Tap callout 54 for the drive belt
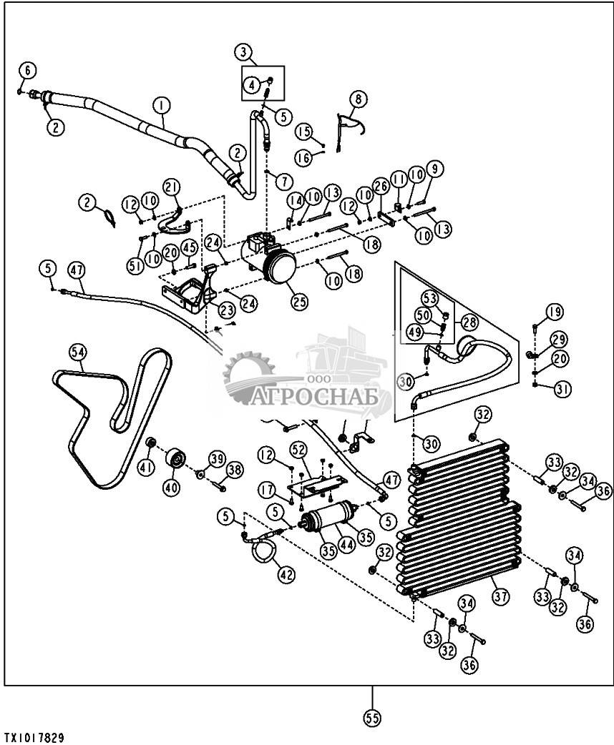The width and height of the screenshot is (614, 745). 77,352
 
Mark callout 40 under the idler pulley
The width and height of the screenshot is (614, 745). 172,486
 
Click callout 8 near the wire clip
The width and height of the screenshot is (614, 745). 358,98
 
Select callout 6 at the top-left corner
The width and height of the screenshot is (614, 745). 27,70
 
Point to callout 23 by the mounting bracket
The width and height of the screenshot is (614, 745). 227,310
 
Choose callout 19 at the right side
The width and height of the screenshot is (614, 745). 555,312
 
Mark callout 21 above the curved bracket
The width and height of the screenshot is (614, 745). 172,188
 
